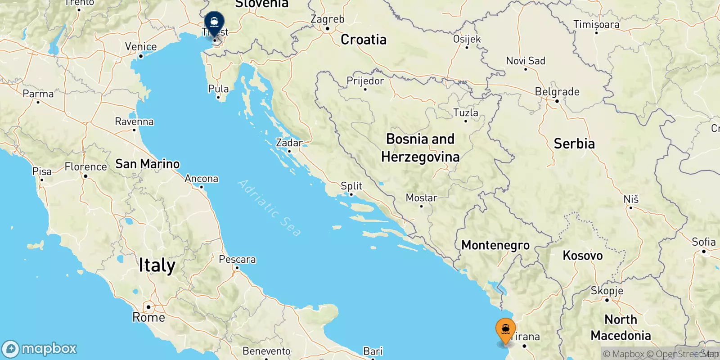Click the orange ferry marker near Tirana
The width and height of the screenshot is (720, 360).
505,330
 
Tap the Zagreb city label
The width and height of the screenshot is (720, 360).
327,19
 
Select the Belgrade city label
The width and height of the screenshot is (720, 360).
557,92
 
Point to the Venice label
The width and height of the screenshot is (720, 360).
141,47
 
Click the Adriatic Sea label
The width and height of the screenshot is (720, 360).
269,207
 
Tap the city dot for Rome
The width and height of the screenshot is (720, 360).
148,307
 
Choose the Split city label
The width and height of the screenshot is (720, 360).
351,186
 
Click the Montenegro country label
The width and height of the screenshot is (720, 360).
495,245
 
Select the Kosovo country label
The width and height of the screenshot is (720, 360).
582,256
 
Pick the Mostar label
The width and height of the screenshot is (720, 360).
421,198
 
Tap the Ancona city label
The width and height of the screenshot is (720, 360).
201,179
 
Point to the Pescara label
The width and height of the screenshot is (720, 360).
237,259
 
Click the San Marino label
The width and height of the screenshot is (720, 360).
147,164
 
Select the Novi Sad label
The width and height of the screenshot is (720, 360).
525,61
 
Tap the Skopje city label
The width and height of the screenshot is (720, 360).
607,291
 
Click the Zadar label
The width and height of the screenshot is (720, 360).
289,143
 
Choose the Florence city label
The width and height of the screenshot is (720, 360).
85,167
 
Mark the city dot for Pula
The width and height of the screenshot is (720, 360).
218,97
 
